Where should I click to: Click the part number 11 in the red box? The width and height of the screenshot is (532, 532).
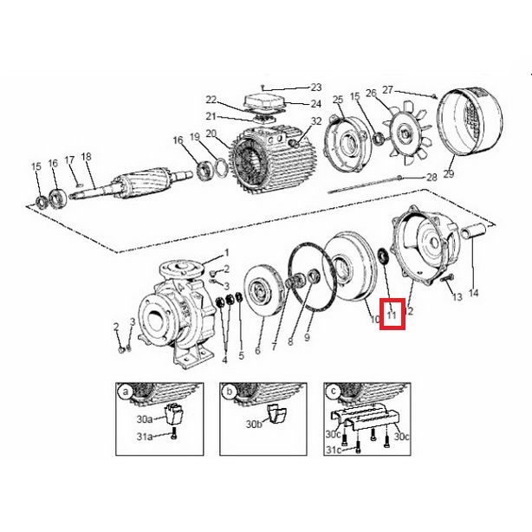pos(392,315)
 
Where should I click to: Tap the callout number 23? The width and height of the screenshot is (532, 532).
pos(316,88)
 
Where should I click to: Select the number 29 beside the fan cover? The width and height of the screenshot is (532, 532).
pos(449,174)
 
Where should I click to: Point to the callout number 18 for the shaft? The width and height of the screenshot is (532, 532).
pos(86,157)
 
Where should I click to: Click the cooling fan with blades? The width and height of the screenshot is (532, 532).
pos(405,133)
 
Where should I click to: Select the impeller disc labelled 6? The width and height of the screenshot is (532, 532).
pos(263,290)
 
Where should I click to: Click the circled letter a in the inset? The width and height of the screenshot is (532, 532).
pos(127,393)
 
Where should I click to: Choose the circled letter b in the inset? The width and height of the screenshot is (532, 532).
pos(230,393)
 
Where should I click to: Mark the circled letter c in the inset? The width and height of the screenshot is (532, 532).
pos(334,392)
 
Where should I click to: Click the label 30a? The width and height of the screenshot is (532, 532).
pos(145,419)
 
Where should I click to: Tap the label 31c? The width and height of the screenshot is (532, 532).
pos(334,450)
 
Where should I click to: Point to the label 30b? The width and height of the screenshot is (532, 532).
pos(254,424)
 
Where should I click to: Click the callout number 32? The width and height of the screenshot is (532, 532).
pos(316,121)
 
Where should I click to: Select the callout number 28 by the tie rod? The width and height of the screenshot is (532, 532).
pos(431,178)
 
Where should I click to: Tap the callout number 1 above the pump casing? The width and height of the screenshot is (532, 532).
pos(227,253)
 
